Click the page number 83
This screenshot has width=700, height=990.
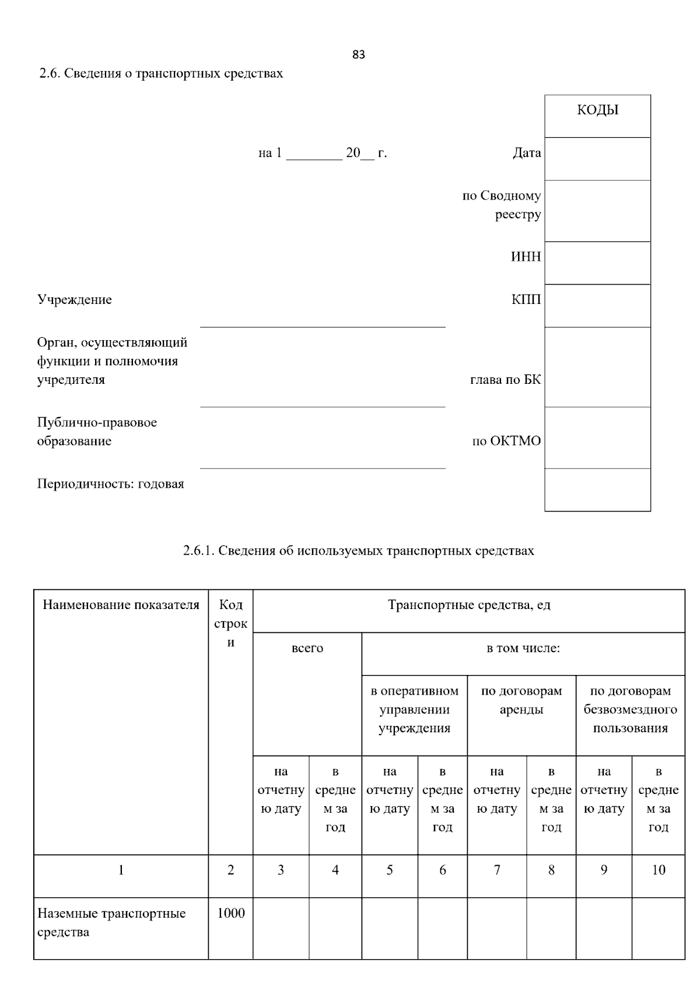point(359,55)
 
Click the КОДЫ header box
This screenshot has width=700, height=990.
point(597,116)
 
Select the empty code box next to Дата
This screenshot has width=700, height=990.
point(597,159)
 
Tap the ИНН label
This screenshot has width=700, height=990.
point(526,257)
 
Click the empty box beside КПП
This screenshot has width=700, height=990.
point(597,305)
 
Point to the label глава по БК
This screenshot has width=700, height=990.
point(505,380)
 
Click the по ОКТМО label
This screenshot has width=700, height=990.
point(506,441)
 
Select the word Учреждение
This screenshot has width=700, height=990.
point(75,300)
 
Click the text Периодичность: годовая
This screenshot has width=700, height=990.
point(111,484)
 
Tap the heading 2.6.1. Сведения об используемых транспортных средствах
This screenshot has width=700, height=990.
point(358,551)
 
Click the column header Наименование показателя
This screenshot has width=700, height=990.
point(121,605)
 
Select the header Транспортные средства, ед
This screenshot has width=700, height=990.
point(468,605)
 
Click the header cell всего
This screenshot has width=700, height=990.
point(307,648)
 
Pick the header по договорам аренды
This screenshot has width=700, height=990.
point(521,700)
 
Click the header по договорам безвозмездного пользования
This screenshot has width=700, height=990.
point(630,709)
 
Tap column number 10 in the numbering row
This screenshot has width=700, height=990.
point(658,870)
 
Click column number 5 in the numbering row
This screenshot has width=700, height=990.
point(389,870)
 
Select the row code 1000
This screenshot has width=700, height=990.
point(230,914)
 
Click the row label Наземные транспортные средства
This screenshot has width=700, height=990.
point(111,922)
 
